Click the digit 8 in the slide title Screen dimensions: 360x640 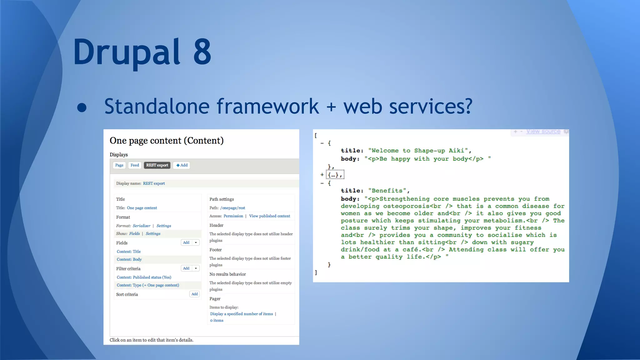click(x=202, y=52)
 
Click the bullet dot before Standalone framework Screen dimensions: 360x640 click(x=82, y=107)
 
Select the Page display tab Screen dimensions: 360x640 click(x=119, y=165)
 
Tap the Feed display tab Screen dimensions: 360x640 click(x=135, y=165)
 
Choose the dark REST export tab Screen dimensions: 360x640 click(x=157, y=165)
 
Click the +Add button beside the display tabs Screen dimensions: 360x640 click(x=182, y=165)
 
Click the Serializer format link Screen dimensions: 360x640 click(x=141, y=226)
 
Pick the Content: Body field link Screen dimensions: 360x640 click(x=129, y=259)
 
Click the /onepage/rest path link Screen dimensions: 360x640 click(x=232, y=208)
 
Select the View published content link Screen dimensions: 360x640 click(x=269, y=216)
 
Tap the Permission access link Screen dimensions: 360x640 click(x=233, y=216)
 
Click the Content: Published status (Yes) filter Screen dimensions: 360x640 click(x=144, y=277)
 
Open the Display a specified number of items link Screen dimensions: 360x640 click(x=241, y=314)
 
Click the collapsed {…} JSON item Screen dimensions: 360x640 click(x=335, y=175)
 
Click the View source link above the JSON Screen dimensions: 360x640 click(x=543, y=132)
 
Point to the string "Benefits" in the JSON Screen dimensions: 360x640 click(x=387, y=191)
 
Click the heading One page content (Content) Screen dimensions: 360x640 click(x=167, y=141)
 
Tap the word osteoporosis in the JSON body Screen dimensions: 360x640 click(x=406, y=206)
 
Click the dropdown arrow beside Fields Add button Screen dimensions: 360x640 click(x=196, y=242)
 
